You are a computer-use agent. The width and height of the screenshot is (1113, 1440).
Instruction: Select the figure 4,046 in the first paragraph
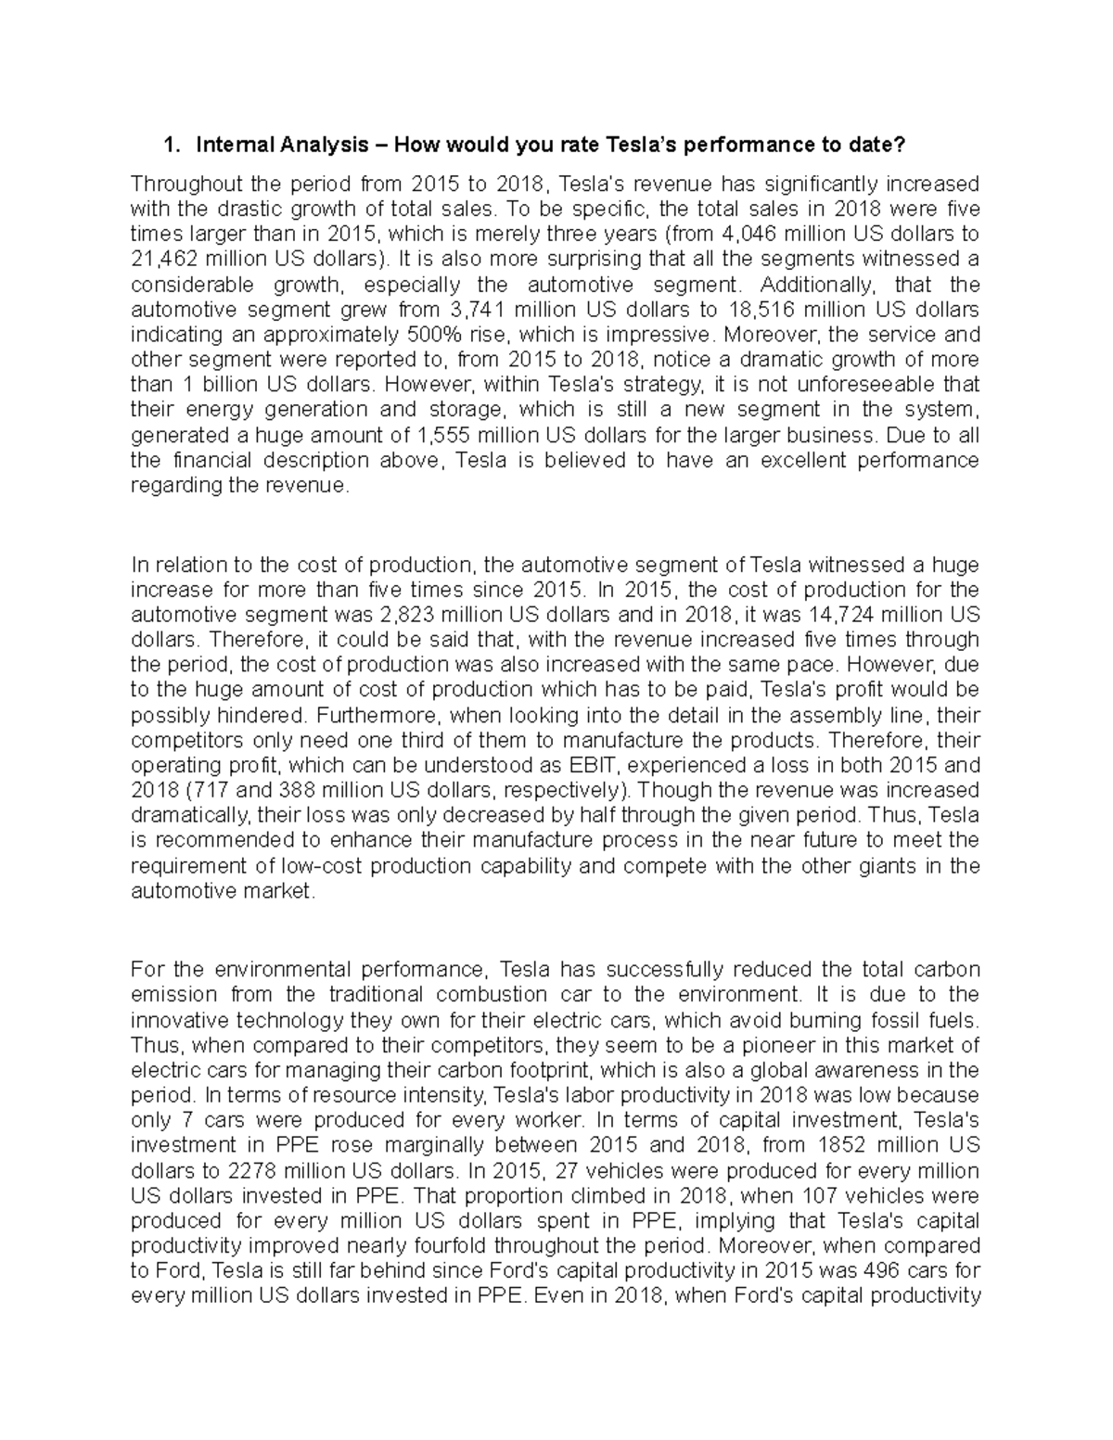point(748,233)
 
